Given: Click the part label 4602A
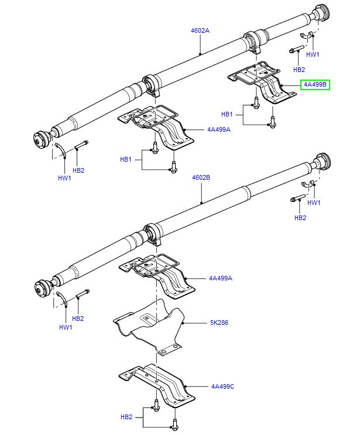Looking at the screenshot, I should tap(201, 30).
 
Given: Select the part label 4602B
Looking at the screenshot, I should tap(201, 177).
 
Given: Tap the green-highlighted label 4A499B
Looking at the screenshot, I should tap(316, 85).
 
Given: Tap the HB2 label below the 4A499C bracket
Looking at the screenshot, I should tap(126, 416).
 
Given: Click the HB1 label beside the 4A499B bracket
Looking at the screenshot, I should tap(227, 114).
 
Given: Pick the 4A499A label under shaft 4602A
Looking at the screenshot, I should tap(218, 129).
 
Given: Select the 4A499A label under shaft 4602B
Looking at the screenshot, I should tap(221, 278).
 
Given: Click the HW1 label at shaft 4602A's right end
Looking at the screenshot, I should tap(313, 54).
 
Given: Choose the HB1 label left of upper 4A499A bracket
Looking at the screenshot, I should tap(126, 159).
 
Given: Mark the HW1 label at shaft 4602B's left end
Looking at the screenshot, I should tap(65, 327).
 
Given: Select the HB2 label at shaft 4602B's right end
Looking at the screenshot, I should tap(300, 218).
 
